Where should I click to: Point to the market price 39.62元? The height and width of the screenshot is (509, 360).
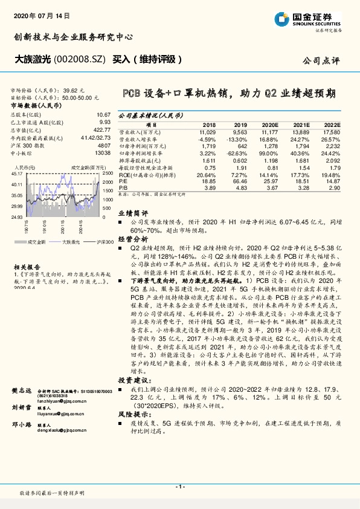tap(83, 89)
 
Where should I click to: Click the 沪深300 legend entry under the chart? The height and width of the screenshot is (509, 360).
tap(104, 242)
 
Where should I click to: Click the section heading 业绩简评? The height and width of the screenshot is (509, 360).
tap(132, 213)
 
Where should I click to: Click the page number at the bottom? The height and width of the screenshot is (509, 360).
tap(179, 487)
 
